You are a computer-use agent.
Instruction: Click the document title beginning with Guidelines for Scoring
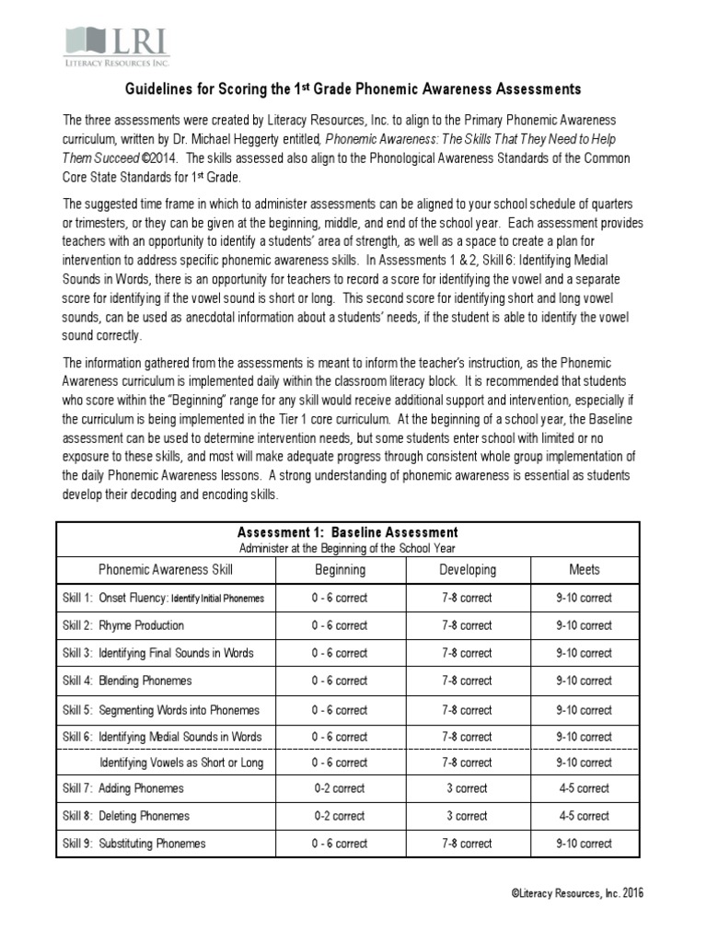(353, 89)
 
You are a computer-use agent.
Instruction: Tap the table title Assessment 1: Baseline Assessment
(347, 532)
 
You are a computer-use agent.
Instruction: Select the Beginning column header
(340, 569)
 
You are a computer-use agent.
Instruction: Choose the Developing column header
(468, 569)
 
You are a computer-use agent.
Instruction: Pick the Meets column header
(584, 569)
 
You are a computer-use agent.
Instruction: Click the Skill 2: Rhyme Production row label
(123, 625)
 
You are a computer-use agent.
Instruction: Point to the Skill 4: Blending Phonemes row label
(127, 681)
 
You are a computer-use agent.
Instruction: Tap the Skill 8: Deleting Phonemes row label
(126, 816)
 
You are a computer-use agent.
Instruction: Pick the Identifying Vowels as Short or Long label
(181, 763)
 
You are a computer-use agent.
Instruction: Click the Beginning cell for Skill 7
(340, 788)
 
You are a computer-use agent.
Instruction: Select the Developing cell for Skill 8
(468, 816)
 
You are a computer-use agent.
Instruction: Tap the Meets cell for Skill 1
(584, 598)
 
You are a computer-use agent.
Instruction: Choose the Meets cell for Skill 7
(584, 788)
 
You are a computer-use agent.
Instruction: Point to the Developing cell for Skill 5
(468, 710)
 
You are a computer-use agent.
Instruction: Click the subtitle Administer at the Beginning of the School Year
(347, 546)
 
